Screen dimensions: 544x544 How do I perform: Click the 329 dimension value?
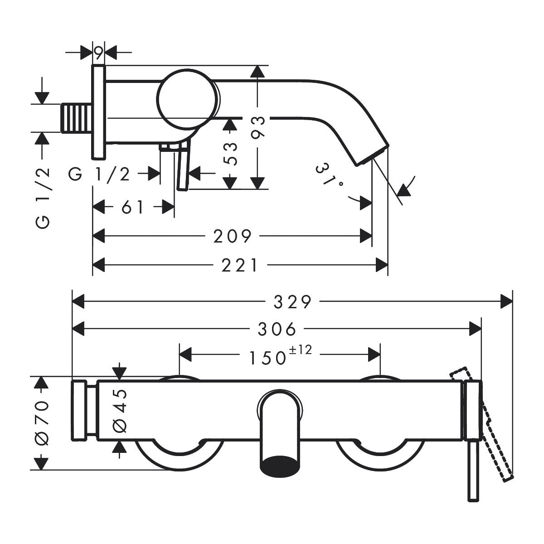pos(293,301)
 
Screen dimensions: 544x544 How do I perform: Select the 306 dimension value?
pos(277,329)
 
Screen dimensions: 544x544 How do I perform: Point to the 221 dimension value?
pos(239,265)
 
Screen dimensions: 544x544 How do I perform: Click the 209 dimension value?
pos(233,236)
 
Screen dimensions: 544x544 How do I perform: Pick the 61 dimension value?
pos(133,208)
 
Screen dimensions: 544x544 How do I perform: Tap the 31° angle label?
pos(330,176)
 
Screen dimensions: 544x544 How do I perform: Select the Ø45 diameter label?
pos(120,409)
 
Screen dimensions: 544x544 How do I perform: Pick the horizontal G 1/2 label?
pos(100,174)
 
